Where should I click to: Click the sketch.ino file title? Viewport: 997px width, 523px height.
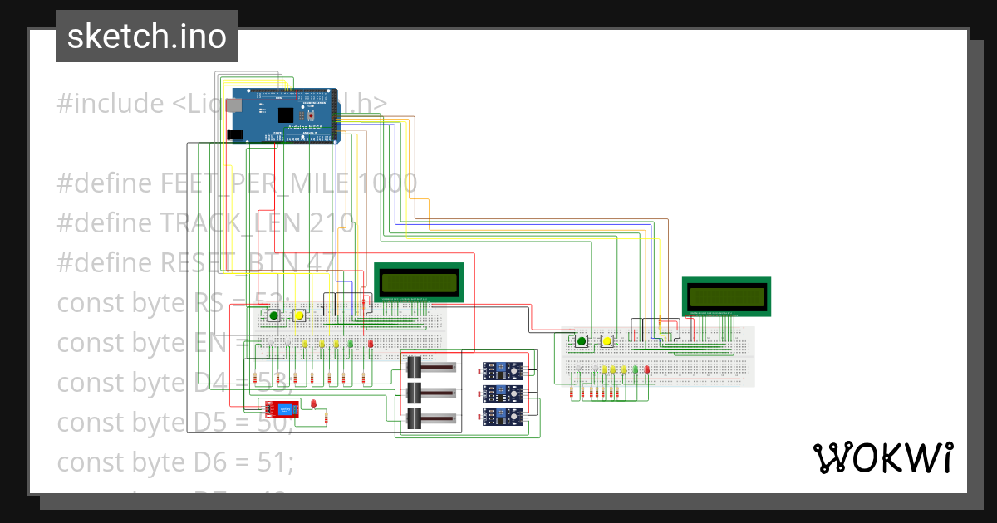point(146,37)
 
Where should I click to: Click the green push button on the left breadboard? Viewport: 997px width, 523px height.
point(273,315)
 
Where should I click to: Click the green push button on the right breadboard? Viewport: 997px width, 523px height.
point(582,340)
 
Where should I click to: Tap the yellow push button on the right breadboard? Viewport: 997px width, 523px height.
point(607,340)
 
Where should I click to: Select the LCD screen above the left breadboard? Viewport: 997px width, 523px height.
point(419,282)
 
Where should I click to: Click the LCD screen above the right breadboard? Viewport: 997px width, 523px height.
point(726,296)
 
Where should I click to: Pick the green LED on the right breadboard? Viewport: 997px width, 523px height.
point(636,369)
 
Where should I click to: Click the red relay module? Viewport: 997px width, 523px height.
point(281,408)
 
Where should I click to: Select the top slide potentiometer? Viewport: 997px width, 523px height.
point(430,365)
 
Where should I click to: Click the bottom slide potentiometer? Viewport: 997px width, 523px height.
point(430,418)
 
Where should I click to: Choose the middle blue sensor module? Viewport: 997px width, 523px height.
point(503,393)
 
